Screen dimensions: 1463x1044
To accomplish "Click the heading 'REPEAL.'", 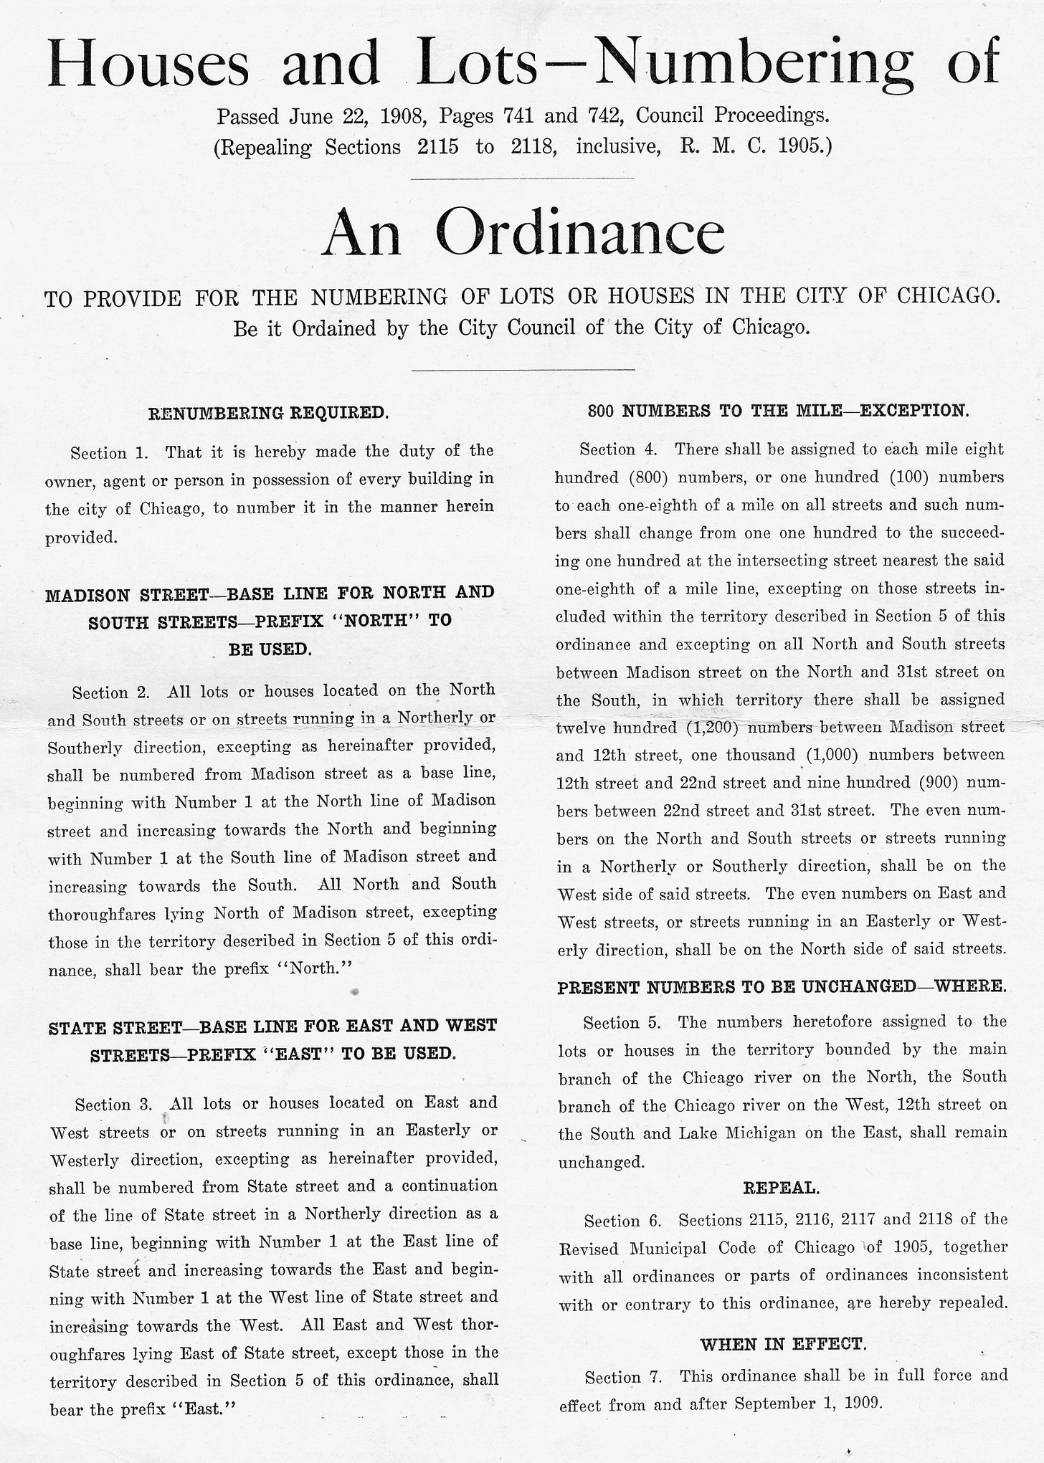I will pos(781,1188).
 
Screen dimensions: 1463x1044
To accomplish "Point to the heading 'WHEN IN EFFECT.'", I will pos(783,1344).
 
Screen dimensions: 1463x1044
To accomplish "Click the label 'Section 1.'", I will pos(109,453).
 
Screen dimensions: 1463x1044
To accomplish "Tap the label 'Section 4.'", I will pos(618,449).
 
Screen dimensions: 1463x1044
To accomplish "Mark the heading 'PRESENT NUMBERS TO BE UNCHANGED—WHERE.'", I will pos(782,987).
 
